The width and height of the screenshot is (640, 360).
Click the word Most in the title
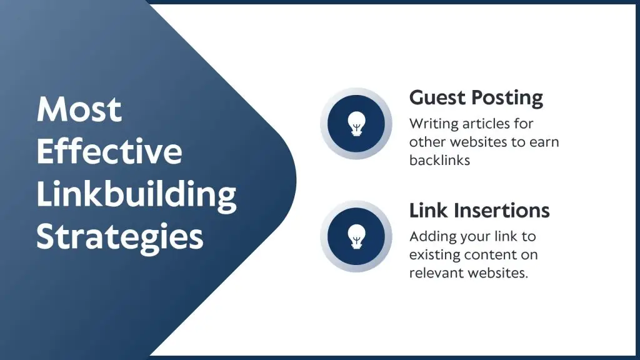click(x=79, y=109)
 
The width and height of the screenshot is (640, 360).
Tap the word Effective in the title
click(x=109, y=151)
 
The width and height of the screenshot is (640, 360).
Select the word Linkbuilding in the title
click(x=136, y=195)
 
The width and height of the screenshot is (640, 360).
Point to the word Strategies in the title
click(x=120, y=237)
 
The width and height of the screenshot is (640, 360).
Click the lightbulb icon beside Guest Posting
click(x=356, y=124)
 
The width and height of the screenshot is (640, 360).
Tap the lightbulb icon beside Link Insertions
click(x=356, y=236)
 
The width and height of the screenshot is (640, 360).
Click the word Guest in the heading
click(x=437, y=97)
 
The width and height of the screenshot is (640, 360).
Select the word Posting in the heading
click(x=507, y=98)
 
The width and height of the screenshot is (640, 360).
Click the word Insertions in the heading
click(x=502, y=211)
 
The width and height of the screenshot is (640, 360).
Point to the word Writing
click(x=434, y=124)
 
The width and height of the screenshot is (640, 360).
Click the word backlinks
click(x=439, y=160)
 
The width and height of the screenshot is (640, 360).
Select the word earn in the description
click(x=544, y=142)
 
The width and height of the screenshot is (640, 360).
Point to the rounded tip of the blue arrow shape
click(x=296, y=180)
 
